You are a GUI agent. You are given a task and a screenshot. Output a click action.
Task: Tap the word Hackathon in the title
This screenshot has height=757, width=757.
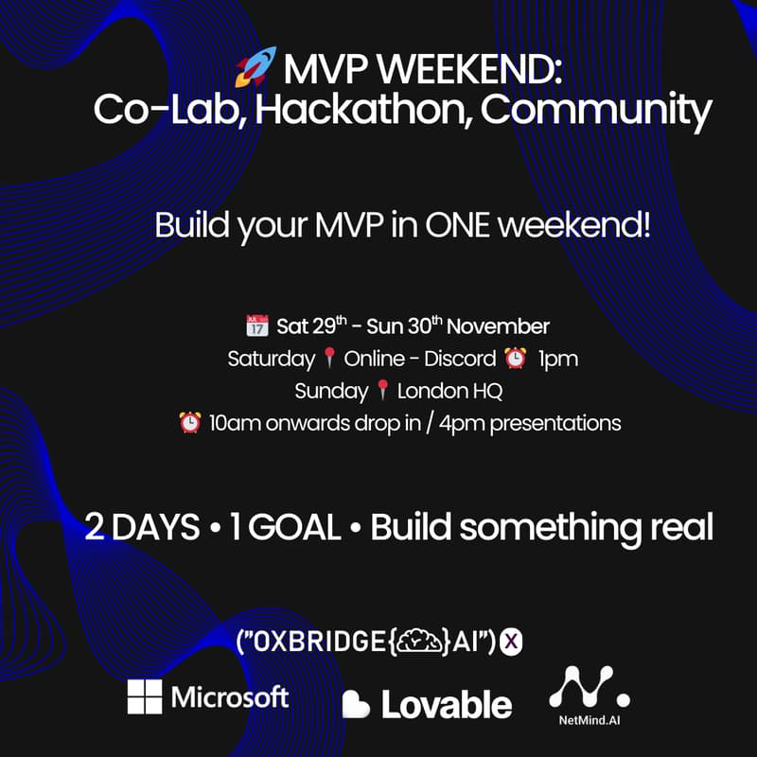click(x=361, y=112)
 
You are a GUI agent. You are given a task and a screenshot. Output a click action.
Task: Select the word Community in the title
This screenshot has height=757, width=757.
click(x=595, y=112)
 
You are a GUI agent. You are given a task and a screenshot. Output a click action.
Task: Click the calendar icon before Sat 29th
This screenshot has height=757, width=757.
click(x=256, y=326)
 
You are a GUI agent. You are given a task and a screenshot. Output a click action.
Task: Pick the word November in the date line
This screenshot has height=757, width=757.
click(x=498, y=326)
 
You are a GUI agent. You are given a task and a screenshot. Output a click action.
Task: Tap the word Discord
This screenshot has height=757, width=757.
click(x=463, y=360)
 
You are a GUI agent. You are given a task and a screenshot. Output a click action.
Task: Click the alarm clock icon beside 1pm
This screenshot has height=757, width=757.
click(x=516, y=359)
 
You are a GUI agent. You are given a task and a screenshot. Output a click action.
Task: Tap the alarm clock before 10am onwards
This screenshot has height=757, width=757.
click(x=189, y=422)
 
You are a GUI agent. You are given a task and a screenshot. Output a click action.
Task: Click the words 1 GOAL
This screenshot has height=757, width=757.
click(x=284, y=527)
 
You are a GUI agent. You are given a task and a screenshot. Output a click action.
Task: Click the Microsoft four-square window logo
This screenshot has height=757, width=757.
click(x=145, y=697)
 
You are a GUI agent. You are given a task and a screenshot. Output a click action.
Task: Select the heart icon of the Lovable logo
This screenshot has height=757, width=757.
click(x=357, y=704)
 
